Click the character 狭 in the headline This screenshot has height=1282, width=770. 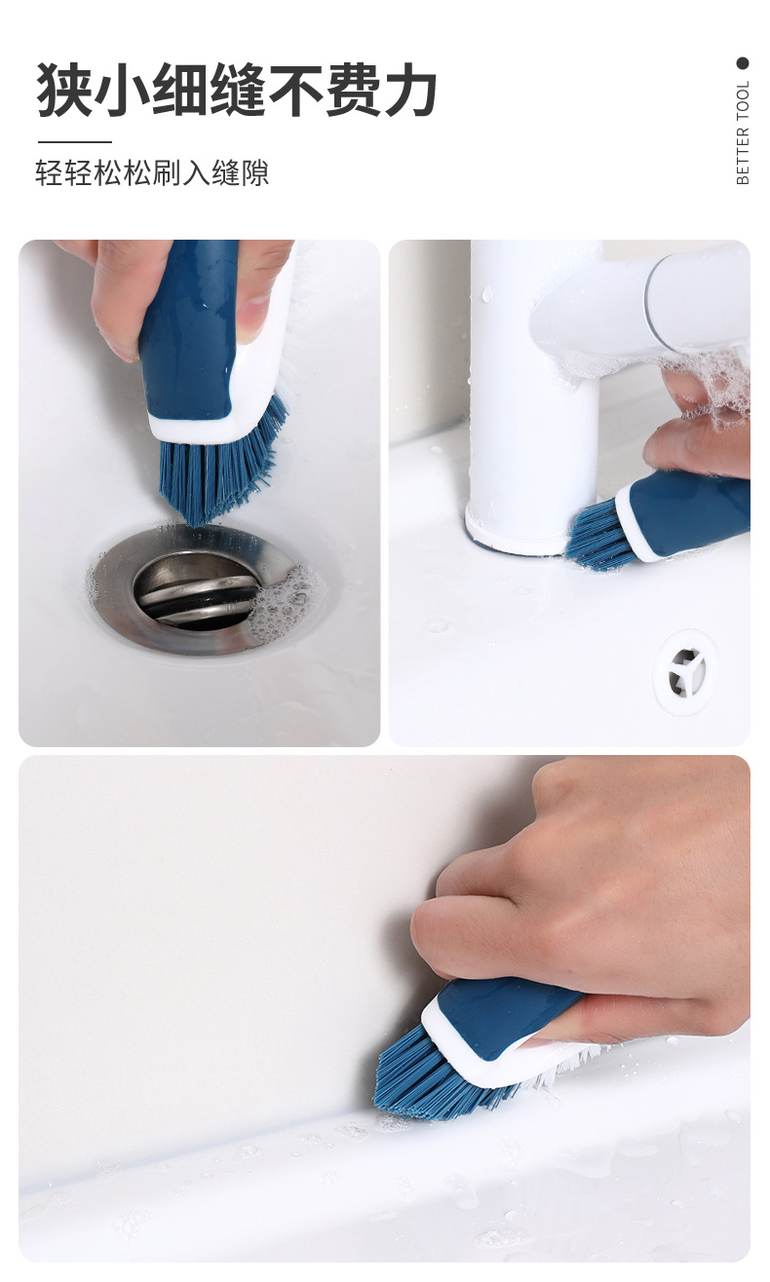(64, 90)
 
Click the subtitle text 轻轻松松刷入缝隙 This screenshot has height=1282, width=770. (152, 172)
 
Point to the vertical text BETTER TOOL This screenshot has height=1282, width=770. (743, 132)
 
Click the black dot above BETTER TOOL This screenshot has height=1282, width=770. (743, 63)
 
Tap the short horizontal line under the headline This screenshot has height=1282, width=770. (74, 141)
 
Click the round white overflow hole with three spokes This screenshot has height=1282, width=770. (686, 671)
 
